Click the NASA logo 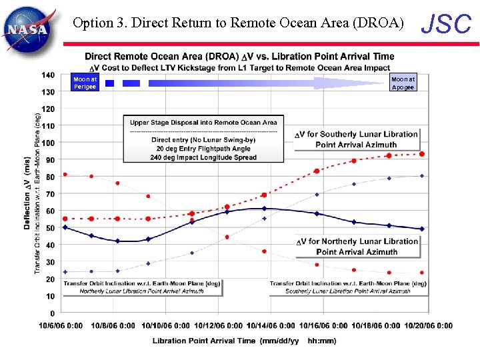point(26,27)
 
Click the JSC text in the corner point(447,24)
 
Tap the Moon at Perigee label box point(85,83)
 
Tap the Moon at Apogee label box point(403,83)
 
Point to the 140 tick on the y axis point(48,75)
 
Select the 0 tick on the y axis point(52,313)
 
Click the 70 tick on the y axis point(50,194)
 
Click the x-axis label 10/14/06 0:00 point(271,326)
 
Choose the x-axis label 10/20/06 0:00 point(427,326)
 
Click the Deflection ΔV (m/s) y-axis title point(27,193)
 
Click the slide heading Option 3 point(238,23)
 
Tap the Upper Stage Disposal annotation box point(203,139)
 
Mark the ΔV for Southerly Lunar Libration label point(357,139)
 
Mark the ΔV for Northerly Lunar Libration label point(357,246)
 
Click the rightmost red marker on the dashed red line point(422,154)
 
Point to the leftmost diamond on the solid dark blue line point(65,227)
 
